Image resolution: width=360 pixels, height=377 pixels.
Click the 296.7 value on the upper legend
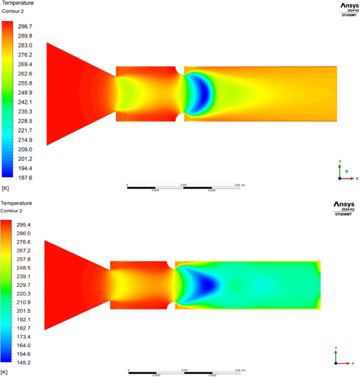click(x=25, y=26)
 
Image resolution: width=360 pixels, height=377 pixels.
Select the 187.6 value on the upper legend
click(x=25, y=178)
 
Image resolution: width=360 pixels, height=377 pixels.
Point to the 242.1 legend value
click(x=25, y=102)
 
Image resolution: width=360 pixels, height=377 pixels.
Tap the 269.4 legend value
click(x=25, y=64)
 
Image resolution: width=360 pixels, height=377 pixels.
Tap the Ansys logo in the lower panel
click(x=344, y=204)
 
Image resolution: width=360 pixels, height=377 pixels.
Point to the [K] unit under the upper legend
click(x=6, y=187)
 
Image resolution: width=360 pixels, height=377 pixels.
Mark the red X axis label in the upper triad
click(x=357, y=179)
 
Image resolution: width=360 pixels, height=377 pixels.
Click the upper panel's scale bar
click(x=184, y=187)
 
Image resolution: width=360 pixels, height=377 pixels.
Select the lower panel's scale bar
click(x=184, y=373)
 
